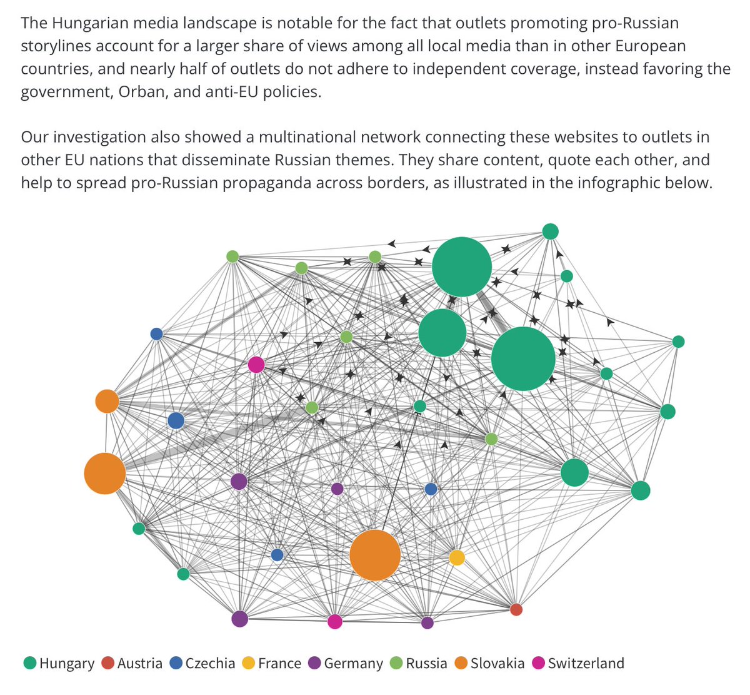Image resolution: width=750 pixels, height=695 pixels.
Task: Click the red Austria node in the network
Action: [x=516, y=609]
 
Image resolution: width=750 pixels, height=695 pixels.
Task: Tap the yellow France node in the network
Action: [x=457, y=557]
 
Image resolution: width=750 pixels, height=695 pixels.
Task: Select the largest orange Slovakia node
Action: [x=374, y=555]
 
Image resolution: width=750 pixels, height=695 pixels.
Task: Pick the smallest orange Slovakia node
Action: [x=107, y=401]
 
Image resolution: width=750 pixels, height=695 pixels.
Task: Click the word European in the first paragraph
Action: [x=651, y=46]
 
